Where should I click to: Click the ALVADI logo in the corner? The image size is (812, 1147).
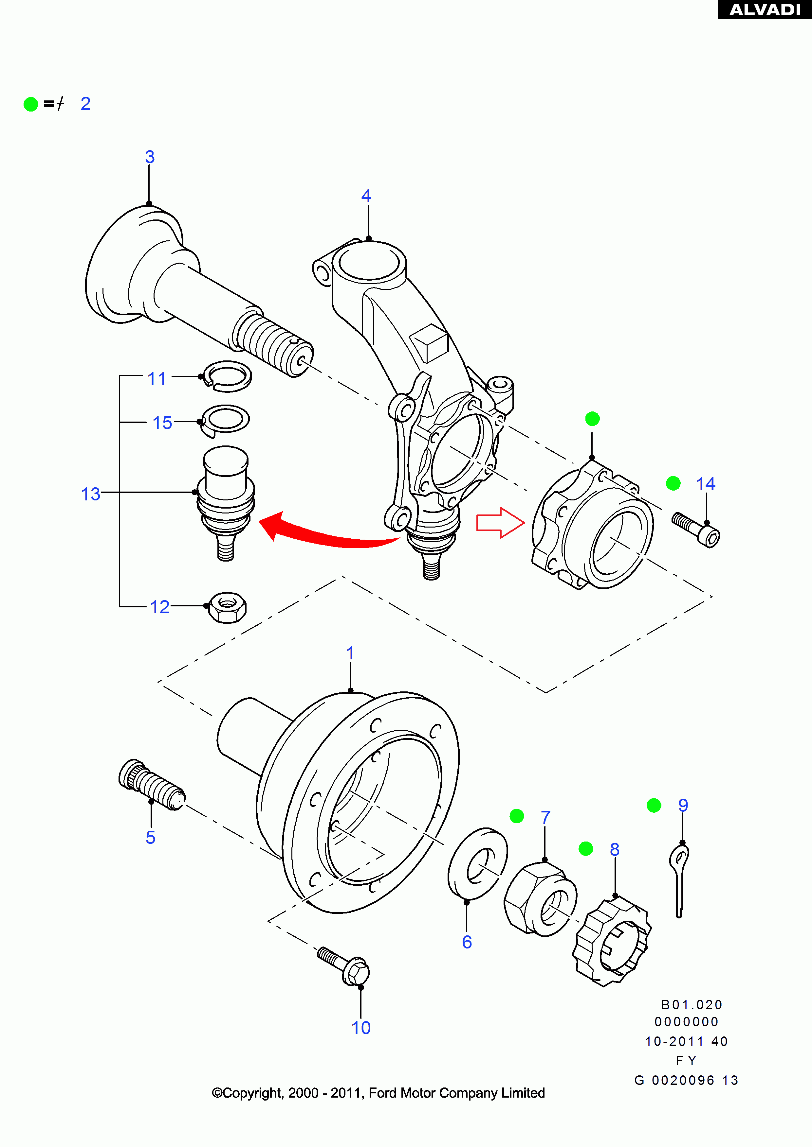point(765,9)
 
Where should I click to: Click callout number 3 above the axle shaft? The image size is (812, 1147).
point(150,157)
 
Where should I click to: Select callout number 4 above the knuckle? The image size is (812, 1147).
point(366,196)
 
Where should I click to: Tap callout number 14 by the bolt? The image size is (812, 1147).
point(706,484)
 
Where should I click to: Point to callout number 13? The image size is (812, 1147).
point(90,494)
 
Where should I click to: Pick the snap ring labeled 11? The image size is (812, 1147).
point(228,376)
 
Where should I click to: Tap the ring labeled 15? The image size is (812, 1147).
point(226,419)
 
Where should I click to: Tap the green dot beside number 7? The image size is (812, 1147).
point(516,816)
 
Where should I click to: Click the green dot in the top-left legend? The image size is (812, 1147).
point(31,104)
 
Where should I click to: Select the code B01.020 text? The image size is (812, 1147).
point(692,1005)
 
